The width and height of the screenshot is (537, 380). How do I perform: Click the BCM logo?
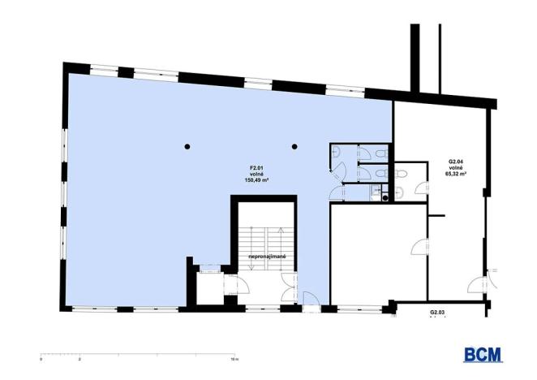point(483,355)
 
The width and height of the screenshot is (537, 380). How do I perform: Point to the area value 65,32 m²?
point(457,173)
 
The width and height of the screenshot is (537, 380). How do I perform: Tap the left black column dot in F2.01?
point(187,147)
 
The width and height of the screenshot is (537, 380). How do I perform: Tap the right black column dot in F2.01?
point(294,147)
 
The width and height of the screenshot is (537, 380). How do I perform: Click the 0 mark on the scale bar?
point(41,357)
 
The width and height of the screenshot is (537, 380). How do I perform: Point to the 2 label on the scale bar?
point(80,357)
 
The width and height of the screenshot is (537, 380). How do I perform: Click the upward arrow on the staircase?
point(278,238)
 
